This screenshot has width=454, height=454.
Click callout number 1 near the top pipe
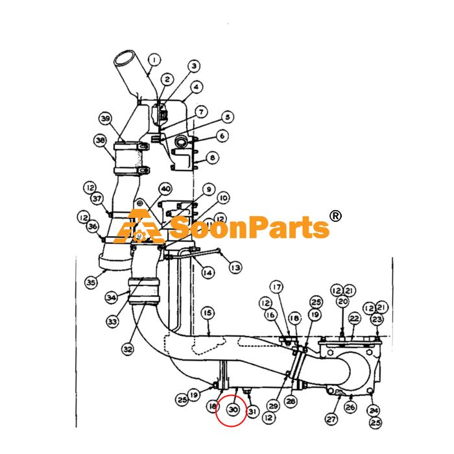[x=154, y=60]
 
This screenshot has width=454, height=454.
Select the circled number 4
[x=197, y=86]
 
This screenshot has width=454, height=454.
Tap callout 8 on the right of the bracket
[x=213, y=158]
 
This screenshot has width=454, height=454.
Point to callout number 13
[x=235, y=267]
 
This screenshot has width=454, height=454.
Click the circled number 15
[x=208, y=313]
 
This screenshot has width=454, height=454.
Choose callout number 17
[x=277, y=287]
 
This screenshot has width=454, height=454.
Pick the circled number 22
[x=354, y=319]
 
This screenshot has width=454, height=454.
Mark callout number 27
[x=331, y=419]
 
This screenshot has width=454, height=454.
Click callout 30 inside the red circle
[x=233, y=409]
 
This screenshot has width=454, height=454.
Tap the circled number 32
[x=128, y=349]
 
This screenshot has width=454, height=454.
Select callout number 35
[x=91, y=281]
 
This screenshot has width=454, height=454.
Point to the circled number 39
[x=106, y=119]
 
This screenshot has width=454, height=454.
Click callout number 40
[x=165, y=189]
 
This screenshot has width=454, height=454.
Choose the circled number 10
[x=223, y=198]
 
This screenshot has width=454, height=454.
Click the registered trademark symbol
[x=336, y=216]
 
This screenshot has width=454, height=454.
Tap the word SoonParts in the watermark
[x=250, y=227]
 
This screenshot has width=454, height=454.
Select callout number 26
[x=350, y=407]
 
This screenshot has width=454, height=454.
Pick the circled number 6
[x=222, y=136]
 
